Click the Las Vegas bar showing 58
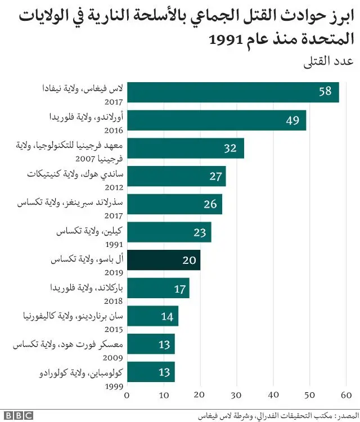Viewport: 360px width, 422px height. (233, 92)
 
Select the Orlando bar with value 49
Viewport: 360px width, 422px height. (217, 120)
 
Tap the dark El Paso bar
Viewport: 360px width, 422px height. (164, 261)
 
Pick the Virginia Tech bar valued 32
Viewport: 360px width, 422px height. (186, 149)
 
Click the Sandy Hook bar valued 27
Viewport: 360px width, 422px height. (177, 176)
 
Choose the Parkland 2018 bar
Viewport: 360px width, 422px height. (158, 288)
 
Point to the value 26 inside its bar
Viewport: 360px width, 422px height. (210, 204)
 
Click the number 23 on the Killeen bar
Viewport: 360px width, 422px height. (199, 232)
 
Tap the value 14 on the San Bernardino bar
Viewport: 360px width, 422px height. (167, 316)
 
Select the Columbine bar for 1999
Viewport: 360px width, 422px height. (151, 372)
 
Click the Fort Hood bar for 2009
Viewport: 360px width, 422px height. (151, 344)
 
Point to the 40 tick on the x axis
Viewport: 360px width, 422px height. (273, 394)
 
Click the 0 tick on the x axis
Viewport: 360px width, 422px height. (127, 394)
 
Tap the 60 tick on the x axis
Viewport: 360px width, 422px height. (346, 394)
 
